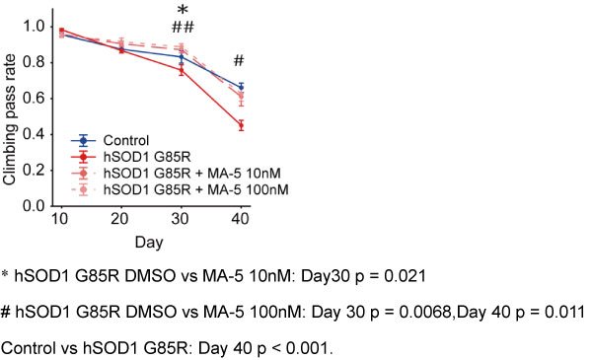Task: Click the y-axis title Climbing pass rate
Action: (9, 119)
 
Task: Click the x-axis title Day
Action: (149, 243)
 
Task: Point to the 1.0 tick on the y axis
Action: (35, 27)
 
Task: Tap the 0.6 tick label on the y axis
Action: (35, 99)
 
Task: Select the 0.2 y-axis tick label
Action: (35, 171)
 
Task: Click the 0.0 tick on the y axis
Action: (35, 206)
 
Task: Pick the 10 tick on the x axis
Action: (60, 219)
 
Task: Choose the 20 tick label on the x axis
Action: (120, 219)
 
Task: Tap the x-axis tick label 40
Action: (241, 219)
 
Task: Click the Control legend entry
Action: (110, 141)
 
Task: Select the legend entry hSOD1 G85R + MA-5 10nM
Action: (176, 174)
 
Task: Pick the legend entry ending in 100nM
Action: (180, 189)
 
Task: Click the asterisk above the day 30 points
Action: (183, 10)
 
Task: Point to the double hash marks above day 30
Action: (183, 28)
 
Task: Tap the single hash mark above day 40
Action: (239, 60)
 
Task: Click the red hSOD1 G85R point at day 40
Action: (242, 125)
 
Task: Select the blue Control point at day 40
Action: (242, 87)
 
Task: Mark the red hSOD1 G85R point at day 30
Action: (182, 70)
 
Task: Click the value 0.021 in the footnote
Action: (405, 276)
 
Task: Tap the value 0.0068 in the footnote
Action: (424, 312)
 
